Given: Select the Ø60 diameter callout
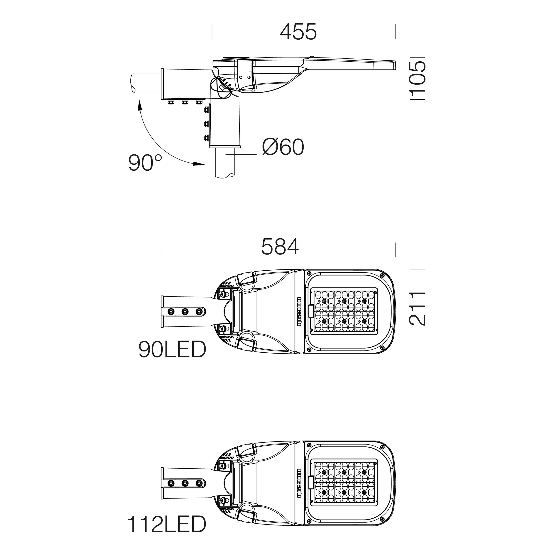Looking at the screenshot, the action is coord(283,147).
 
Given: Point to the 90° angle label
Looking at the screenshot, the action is coord(145,163).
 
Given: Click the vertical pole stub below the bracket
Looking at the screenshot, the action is coord(225,163).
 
